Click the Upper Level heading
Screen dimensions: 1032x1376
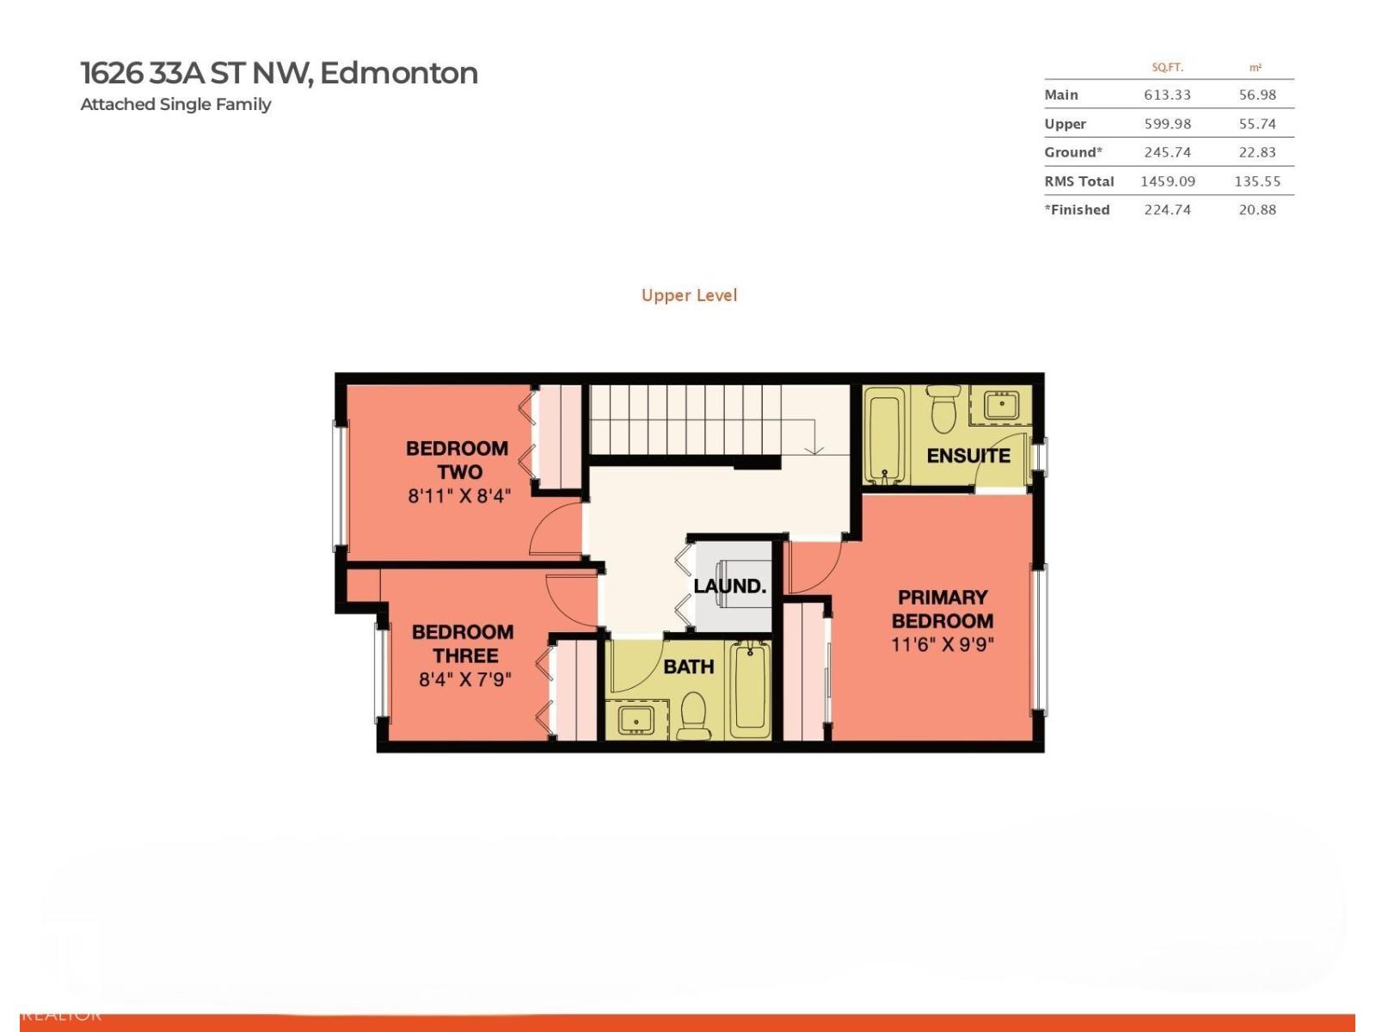click(689, 295)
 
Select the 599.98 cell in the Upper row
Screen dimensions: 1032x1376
click(1167, 124)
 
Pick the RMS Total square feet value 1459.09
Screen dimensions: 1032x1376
click(1167, 181)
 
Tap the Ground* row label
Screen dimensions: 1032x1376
click(1072, 152)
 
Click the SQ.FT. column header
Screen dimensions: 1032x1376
click(1167, 67)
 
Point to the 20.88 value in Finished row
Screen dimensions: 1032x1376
click(1256, 210)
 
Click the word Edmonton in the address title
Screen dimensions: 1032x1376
click(398, 73)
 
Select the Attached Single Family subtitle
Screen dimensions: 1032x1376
click(175, 104)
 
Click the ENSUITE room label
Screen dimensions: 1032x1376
click(967, 456)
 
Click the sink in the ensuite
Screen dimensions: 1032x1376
click(1001, 404)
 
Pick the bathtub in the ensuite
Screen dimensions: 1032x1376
click(884, 434)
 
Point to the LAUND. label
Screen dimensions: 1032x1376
click(729, 587)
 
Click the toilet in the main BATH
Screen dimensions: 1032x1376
click(693, 716)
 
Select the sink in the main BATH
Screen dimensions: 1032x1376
click(636, 719)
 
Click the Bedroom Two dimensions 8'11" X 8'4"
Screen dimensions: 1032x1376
click(459, 496)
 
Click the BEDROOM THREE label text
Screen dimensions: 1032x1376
click(463, 644)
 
